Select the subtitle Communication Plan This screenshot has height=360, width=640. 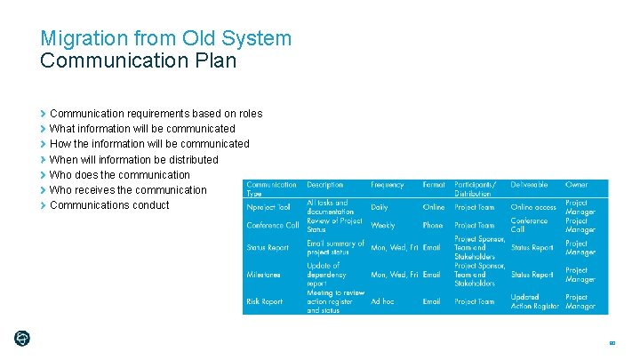tap(138, 61)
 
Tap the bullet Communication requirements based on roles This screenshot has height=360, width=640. tap(156, 114)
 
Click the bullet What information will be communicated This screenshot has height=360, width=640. tap(142, 129)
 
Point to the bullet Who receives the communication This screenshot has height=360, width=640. tap(128, 190)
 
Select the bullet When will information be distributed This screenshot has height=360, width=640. tap(133, 160)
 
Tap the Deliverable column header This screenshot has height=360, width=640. tap(529, 185)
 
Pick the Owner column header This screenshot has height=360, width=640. tap(576, 185)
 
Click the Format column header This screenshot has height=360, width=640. tap(434, 185)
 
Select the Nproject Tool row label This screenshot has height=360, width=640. tap(268, 207)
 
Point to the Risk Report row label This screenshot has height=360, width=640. tap(264, 301)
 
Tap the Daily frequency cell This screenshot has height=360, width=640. tap(380, 207)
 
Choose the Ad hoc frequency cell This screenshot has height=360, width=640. tap(382, 301)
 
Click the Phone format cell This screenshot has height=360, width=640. tap(433, 226)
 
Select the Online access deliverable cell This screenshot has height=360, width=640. tap(533, 207)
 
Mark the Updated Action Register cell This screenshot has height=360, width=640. tap(535, 301)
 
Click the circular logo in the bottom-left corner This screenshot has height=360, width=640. tap(22, 338)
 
